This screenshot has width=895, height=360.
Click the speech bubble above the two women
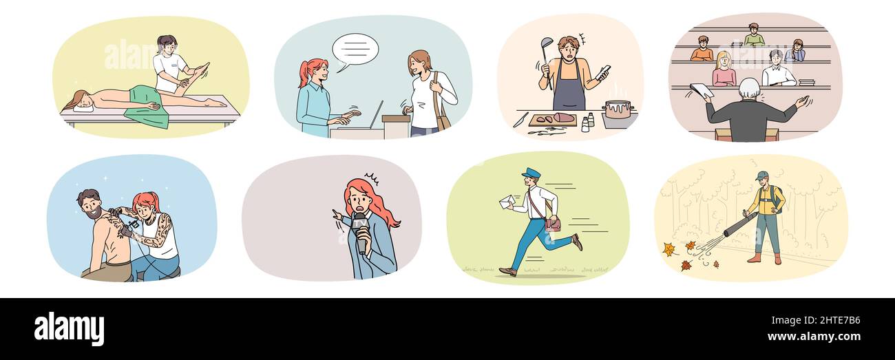(355, 50)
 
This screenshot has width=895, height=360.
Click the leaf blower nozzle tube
(739, 225)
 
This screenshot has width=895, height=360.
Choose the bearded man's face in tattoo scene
(92, 204)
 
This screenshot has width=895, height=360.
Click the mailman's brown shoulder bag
(553, 224)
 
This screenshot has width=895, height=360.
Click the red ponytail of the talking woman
(304, 72)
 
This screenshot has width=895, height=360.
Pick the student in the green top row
(753, 35)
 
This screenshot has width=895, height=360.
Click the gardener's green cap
(760, 176)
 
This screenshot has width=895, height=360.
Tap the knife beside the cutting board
(520, 119)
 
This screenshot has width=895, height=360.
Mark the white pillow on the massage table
(82, 107)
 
